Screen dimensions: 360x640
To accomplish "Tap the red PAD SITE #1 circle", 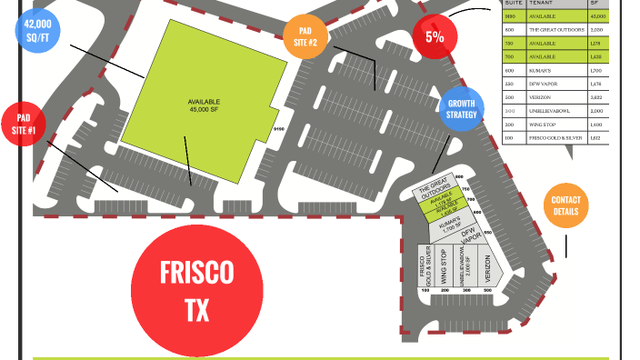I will [25, 125].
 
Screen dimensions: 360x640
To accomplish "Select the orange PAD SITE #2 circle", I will [305, 37].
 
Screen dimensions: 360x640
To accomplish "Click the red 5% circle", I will [434, 37].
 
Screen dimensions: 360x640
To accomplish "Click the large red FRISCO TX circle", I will [196, 290].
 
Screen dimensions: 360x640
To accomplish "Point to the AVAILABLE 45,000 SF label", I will [205, 105].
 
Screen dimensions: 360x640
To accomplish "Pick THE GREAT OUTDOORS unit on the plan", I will [434, 190].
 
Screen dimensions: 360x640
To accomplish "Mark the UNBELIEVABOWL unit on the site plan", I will [465, 266].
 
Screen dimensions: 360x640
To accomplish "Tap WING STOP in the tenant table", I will [542, 124].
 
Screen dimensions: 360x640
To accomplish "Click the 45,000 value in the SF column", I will [597, 16].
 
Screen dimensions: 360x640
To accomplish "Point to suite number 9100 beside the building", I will [278, 130].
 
